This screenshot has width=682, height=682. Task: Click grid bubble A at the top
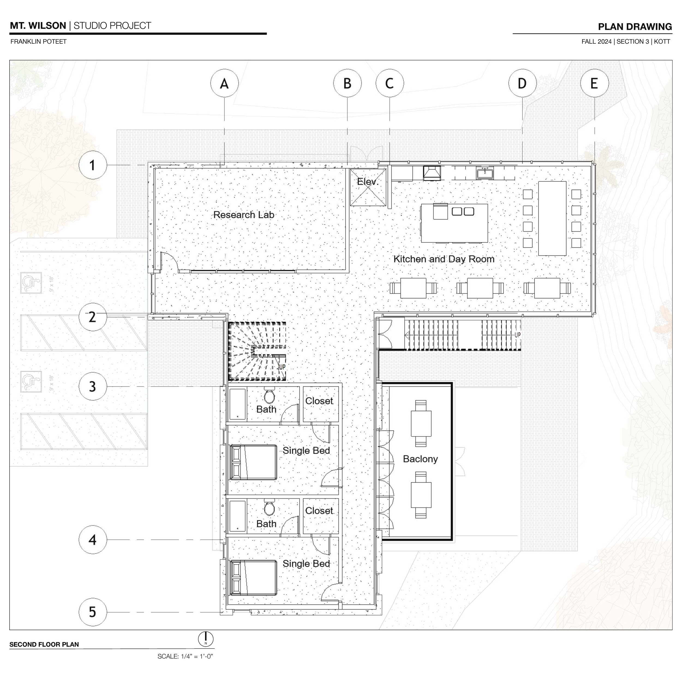(225, 84)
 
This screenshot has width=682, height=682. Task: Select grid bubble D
(522, 84)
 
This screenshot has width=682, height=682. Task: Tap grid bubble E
(594, 84)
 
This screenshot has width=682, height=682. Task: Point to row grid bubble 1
(92, 165)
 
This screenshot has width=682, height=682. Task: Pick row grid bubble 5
(92, 612)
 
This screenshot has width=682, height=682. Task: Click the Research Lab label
(244, 215)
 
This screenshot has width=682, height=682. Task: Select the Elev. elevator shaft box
(368, 187)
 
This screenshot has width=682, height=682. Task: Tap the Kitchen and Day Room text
(444, 259)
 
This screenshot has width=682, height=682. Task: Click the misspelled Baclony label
(420, 459)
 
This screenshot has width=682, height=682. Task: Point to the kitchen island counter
(454, 223)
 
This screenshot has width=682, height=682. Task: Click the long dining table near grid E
(552, 218)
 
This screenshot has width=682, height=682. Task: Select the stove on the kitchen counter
(432, 173)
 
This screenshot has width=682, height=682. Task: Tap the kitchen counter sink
(485, 173)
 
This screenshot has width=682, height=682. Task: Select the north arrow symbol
(206, 639)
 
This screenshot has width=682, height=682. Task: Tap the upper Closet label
(319, 401)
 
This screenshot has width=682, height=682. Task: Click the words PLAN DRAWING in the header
(635, 27)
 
